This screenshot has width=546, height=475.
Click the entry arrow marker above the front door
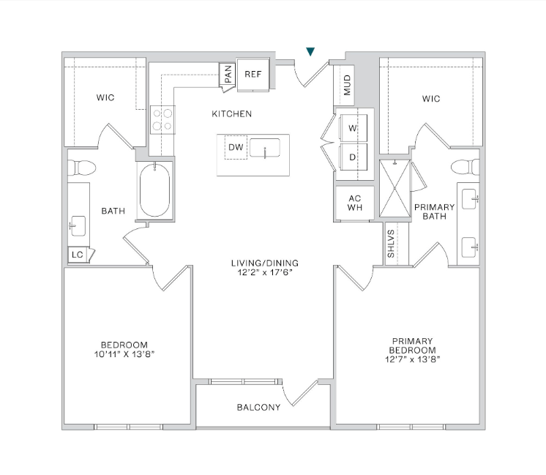311,52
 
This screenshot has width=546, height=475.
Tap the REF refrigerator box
253,75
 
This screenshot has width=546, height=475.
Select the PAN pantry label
228,75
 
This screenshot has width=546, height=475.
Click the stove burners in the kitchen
162,119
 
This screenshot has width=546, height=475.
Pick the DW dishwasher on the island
236,147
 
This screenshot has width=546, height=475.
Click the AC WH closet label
354,202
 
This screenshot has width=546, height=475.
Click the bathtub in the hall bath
154,190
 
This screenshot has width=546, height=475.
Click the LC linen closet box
77,255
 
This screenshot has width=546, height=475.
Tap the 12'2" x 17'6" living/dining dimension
265,273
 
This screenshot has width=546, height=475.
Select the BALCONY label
258,408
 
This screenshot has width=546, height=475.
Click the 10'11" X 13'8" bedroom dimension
124,354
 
